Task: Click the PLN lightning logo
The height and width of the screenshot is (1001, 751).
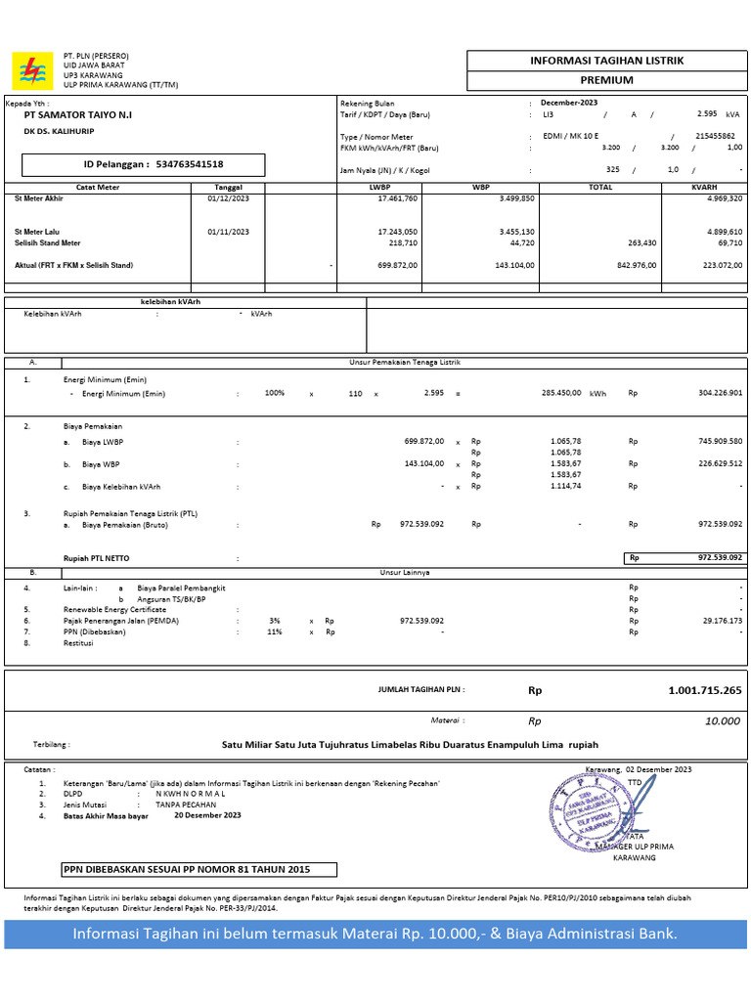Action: tap(31, 70)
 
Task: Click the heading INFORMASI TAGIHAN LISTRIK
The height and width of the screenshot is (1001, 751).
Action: tap(606, 61)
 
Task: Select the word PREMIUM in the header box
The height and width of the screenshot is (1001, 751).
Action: tap(606, 80)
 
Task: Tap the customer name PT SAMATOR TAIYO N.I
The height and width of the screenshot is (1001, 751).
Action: tap(78, 115)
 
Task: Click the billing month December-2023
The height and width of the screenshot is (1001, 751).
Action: tap(569, 103)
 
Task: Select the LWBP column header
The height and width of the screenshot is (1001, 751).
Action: tap(379, 187)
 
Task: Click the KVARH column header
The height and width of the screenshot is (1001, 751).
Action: tap(704, 187)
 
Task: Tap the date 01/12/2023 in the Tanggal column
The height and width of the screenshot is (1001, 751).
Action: tap(228, 197)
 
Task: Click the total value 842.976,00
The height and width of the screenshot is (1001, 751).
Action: tap(637, 265)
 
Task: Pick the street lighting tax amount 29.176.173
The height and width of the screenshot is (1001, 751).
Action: tap(715, 621)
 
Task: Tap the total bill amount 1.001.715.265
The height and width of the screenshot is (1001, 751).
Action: tap(704, 690)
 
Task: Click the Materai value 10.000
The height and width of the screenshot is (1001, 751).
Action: tap(723, 721)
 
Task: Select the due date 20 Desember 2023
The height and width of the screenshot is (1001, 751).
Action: tap(207, 814)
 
